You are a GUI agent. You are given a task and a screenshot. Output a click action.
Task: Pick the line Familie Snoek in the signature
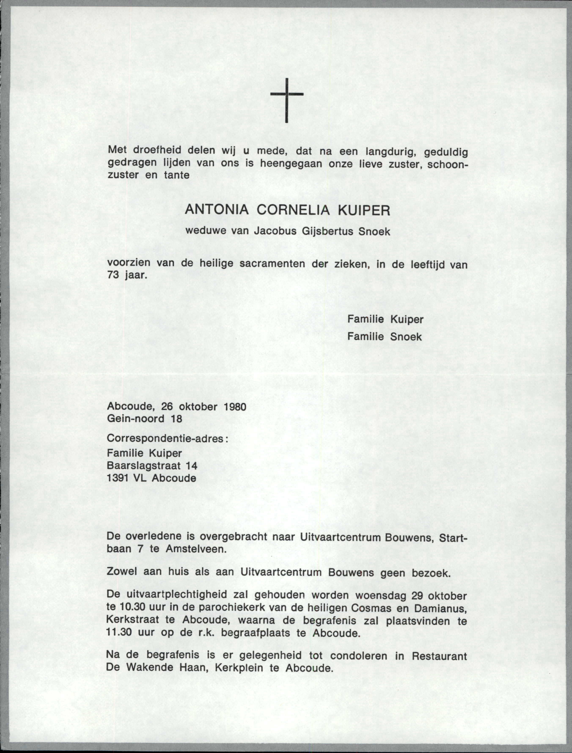(x=384, y=337)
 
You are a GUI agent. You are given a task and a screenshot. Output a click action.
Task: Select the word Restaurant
(x=439, y=656)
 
